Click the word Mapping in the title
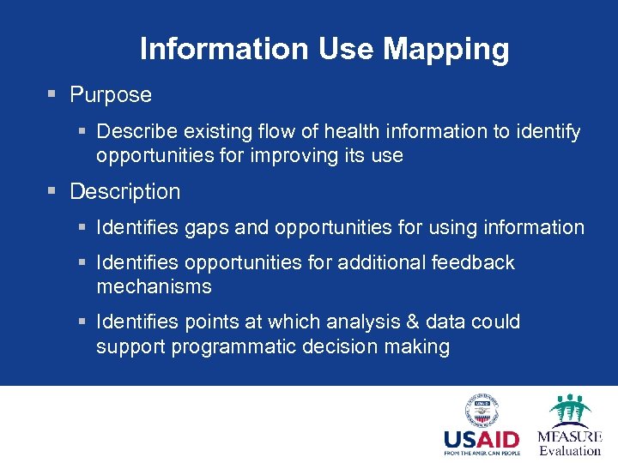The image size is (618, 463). tap(446, 50)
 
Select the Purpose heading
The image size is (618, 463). tap(111, 95)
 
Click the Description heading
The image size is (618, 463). tap(125, 192)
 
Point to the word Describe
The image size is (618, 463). tap(141, 132)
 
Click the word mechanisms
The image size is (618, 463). tap(154, 286)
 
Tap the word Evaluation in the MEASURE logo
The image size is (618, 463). tap(570, 450)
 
